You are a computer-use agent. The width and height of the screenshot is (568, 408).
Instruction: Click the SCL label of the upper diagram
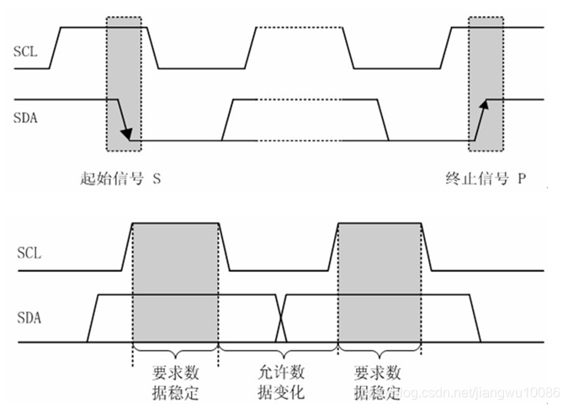(24, 51)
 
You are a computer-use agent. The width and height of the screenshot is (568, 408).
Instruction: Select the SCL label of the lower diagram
(28, 252)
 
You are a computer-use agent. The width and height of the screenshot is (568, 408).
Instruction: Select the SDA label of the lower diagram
(28, 318)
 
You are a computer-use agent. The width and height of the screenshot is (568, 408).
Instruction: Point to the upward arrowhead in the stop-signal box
(484, 105)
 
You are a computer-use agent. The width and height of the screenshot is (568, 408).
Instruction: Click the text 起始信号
(105, 179)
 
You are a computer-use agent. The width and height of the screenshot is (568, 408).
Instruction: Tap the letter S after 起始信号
(157, 179)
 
